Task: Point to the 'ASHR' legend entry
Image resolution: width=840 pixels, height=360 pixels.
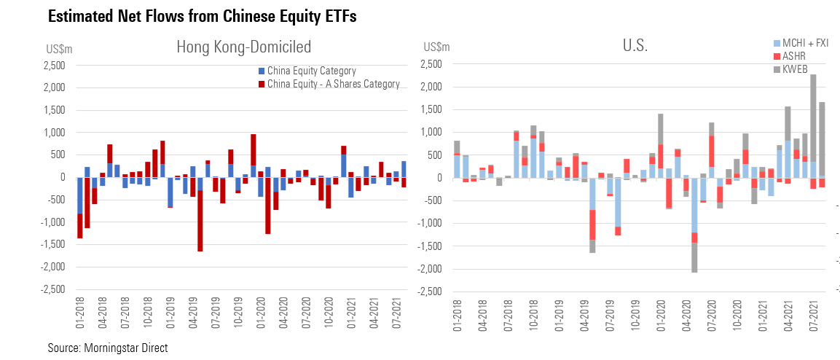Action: tap(790, 56)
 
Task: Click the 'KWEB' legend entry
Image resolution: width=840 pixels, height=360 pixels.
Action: tap(790, 69)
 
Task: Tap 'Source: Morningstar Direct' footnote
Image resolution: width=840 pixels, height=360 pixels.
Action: tap(108, 348)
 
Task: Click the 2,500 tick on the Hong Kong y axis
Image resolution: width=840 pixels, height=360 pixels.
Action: tap(54, 66)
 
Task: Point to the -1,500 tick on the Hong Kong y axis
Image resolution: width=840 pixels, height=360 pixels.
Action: tap(52, 244)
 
